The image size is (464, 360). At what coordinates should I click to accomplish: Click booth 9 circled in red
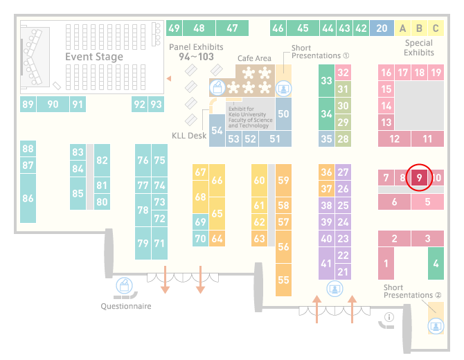pyautogui.click(x=419, y=177)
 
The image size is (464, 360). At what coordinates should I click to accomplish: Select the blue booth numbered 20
pyautogui.click(x=382, y=28)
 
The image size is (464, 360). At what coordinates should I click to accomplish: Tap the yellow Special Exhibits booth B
pyautogui.click(x=419, y=28)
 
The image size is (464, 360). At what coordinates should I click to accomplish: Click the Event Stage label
pyautogui.click(x=94, y=57)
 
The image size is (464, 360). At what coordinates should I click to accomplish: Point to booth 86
pyautogui.click(x=28, y=198)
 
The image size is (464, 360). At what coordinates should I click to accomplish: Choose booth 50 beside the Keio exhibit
pyautogui.click(x=283, y=114)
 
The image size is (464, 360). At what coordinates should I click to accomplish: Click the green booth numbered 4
pyautogui.click(x=436, y=263)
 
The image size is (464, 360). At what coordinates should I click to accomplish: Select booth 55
pyautogui.click(x=283, y=280)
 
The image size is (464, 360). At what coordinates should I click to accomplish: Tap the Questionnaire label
pyautogui.click(x=126, y=306)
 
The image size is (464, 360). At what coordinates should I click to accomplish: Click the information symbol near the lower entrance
pyautogui.click(x=389, y=317)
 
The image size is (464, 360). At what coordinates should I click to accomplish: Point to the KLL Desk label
pyautogui.click(x=189, y=136)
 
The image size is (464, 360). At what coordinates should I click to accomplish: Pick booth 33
pyautogui.click(x=326, y=80)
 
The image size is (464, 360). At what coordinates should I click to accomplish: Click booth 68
pyautogui.click(x=200, y=197)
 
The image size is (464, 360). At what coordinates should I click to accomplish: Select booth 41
pyautogui.click(x=326, y=263)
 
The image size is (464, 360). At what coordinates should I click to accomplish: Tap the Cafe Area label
pyautogui.click(x=254, y=58)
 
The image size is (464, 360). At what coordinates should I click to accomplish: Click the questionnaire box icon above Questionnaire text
pyautogui.click(x=124, y=286)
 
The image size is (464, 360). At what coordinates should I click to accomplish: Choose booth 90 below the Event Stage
pyautogui.click(x=53, y=104)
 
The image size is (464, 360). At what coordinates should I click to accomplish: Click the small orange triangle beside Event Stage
pyautogui.click(x=169, y=78)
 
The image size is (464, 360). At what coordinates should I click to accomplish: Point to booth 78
pyautogui.click(x=143, y=210)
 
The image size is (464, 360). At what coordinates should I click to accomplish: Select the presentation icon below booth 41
pyautogui.click(x=334, y=289)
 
